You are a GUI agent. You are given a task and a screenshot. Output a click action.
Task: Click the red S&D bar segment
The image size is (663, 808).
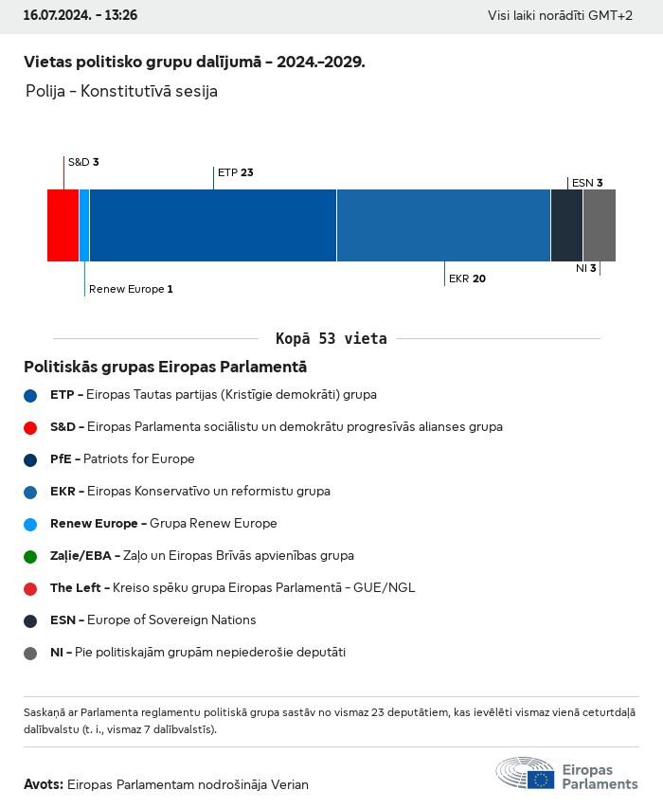[63, 225]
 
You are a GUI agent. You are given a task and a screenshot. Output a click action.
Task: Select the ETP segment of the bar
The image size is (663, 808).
[213, 225]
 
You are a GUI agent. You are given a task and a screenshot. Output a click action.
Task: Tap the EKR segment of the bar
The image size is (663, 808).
[443, 225]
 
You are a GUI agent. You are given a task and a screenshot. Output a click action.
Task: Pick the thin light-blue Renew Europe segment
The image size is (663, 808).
[84, 225]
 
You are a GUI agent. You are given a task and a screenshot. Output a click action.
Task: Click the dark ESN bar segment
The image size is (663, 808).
[566, 225]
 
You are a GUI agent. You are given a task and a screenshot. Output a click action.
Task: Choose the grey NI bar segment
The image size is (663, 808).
[600, 225]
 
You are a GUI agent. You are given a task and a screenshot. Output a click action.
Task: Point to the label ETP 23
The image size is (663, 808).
[236, 172]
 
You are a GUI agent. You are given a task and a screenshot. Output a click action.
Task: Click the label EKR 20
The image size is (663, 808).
[467, 278]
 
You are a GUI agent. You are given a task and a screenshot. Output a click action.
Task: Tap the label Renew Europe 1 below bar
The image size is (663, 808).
[131, 289]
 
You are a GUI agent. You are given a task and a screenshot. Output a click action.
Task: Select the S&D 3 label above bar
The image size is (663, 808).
[83, 162]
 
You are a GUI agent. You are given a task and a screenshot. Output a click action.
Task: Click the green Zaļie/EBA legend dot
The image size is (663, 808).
[30, 556]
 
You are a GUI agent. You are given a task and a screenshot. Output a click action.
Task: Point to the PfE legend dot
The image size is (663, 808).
[30, 459]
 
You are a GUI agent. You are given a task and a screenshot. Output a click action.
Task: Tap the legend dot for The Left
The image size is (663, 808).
[30, 588]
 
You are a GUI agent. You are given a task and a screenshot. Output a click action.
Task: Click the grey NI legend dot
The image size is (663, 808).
[30, 653]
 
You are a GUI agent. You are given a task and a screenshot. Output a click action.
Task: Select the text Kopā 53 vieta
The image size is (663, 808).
[331, 338]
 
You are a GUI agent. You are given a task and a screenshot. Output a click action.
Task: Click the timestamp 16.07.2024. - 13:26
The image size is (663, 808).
[81, 15]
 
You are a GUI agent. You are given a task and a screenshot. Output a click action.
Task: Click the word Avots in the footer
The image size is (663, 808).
[44, 784]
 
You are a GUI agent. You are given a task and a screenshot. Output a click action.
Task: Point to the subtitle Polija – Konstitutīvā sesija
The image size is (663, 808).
[122, 92]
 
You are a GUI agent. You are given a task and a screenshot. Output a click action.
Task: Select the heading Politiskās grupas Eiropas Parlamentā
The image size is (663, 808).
[166, 367]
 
